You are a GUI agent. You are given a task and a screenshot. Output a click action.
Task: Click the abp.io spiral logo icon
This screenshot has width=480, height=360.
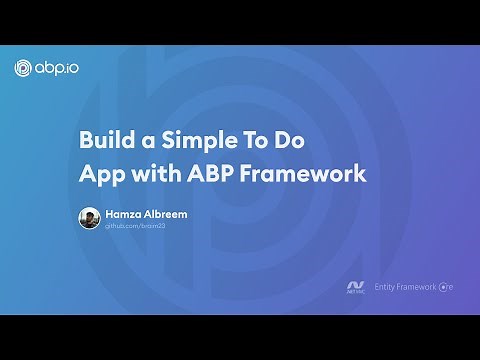[26, 68]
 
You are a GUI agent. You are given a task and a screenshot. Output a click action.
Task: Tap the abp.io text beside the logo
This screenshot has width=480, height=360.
[58, 68]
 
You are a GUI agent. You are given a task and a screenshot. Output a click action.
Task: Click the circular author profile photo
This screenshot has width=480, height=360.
[89, 218]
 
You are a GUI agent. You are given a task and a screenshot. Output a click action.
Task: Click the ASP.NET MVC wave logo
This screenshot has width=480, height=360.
[354, 282]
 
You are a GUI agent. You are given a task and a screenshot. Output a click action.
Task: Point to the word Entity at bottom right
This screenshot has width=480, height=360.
[386, 287]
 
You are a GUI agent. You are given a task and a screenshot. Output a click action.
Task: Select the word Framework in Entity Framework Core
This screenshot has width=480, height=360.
[420, 287]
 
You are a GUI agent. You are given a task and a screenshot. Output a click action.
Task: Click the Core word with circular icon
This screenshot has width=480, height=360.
[447, 287]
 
